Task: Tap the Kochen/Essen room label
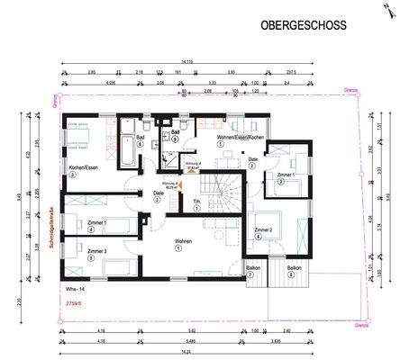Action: pos(82,167)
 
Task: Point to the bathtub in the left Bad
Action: pos(127,146)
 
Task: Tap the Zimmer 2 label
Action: pos(263,230)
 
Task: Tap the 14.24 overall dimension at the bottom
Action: pos(210,352)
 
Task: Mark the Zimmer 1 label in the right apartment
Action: pos(286,173)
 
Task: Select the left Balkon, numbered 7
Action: pos(251,268)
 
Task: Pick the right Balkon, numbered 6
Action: pos(294,268)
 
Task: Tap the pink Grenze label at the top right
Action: pos(351,90)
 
